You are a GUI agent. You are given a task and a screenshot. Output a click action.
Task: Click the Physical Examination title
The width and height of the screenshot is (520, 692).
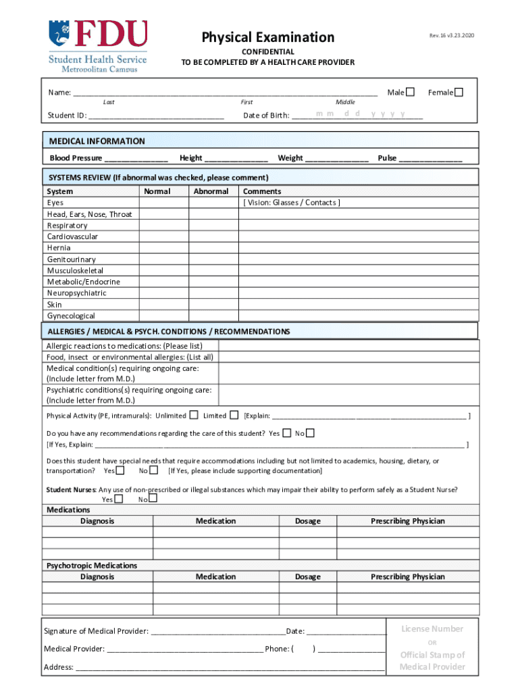tap(268, 37)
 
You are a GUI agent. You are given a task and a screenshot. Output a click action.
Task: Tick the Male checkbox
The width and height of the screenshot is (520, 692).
tap(410, 92)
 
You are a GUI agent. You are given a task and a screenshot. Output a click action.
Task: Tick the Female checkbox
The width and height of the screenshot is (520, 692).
tap(459, 92)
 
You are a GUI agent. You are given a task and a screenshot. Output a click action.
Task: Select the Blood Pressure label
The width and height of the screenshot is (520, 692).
tap(76, 158)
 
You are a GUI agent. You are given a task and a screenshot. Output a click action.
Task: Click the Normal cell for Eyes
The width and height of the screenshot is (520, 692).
tap(163, 203)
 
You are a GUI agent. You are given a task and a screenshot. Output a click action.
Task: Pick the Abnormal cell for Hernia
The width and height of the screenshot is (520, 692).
tap(213, 248)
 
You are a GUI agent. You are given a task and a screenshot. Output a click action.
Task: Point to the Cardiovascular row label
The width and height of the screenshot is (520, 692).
tap(72, 237)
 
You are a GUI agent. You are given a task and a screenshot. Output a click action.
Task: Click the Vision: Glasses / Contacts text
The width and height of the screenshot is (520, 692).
tap(292, 203)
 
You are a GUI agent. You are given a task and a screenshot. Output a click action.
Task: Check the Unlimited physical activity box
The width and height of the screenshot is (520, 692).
tap(194, 415)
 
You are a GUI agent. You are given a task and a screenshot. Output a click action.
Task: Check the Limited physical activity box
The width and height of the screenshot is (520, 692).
tap(234, 415)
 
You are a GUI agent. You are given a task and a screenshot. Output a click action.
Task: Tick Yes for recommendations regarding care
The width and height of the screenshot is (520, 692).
tap(287, 433)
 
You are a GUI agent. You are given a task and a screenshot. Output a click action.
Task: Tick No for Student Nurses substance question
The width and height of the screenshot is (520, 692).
tap(153, 499)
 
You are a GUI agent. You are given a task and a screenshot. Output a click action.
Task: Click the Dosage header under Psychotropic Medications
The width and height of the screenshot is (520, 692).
tap(308, 576)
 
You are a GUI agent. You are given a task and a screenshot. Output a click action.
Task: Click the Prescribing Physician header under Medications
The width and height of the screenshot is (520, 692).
tap(407, 521)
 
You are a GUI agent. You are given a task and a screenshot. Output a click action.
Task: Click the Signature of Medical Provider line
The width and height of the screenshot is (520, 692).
tap(218, 631)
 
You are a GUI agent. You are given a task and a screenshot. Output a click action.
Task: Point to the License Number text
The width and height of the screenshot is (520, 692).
tap(432, 628)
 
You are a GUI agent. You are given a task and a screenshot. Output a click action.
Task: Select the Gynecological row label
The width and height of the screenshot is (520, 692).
tap(71, 316)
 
